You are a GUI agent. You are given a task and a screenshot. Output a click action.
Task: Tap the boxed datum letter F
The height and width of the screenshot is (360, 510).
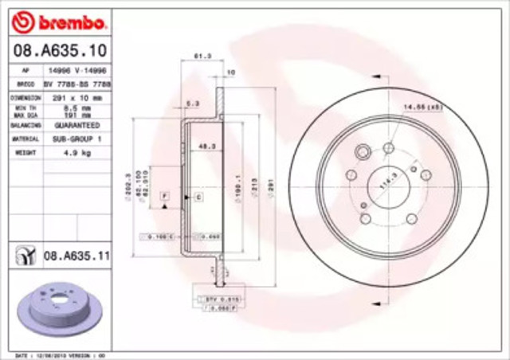[x=163, y=195]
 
